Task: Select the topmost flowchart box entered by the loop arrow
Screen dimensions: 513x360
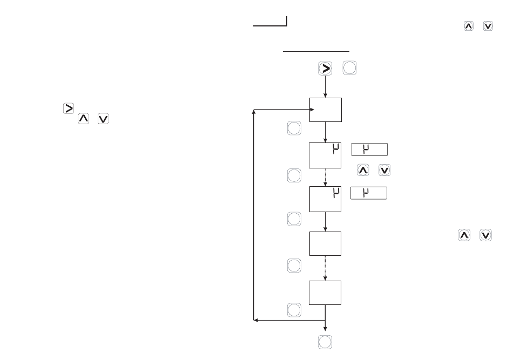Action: [x=325, y=110]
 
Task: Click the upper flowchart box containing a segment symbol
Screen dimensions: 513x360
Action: [x=325, y=155]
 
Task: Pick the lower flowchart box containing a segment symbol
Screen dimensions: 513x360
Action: [x=325, y=199]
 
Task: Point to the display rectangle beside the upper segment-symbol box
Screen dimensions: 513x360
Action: [x=369, y=150]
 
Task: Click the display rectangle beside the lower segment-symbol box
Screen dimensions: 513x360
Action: [x=369, y=193]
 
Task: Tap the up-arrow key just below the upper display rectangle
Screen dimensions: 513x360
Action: [x=363, y=171]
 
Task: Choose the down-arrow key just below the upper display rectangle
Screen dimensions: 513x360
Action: [x=384, y=171]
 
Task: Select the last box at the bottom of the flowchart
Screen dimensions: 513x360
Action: [x=325, y=293]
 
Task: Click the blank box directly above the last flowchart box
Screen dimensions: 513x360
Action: [x=325, y=243]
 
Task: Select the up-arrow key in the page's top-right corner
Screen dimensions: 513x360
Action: [x=468, y=26]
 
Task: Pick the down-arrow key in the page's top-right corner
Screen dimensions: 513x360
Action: [x=488, y=26]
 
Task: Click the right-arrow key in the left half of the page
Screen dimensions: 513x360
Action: [x=69, y=108]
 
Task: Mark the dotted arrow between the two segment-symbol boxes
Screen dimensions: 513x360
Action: [x=326, y=177]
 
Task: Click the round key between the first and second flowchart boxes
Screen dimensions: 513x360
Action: [x=293, y=128]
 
